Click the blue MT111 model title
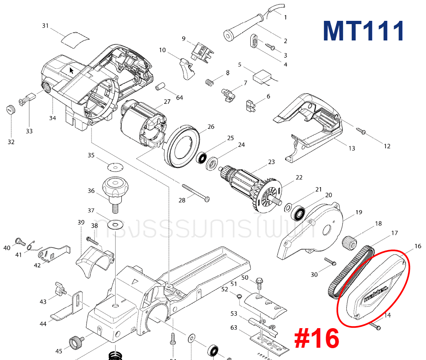point(364,31)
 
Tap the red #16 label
point(317,339)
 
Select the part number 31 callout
point(45,26)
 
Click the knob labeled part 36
point(115,188)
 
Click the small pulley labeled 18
point(349,243)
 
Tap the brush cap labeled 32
point(11,110)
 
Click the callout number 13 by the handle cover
point(351,148)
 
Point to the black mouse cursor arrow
point(71,71)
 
